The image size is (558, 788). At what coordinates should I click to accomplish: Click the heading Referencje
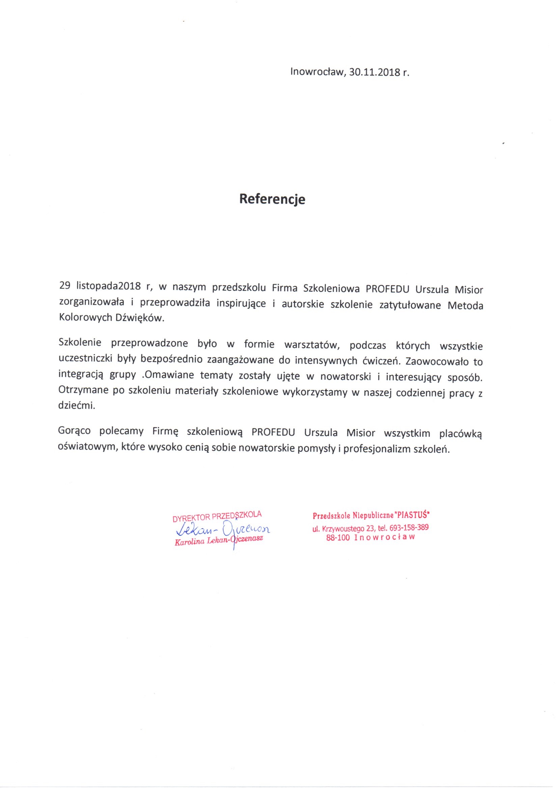pos(272,199)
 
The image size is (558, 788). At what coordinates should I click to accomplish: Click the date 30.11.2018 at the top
pos(374,72)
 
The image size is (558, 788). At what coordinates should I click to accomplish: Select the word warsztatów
pos(312,345)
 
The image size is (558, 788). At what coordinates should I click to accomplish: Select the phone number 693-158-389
pos(409,528)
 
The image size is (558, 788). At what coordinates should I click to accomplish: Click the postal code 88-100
pos(338,538)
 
